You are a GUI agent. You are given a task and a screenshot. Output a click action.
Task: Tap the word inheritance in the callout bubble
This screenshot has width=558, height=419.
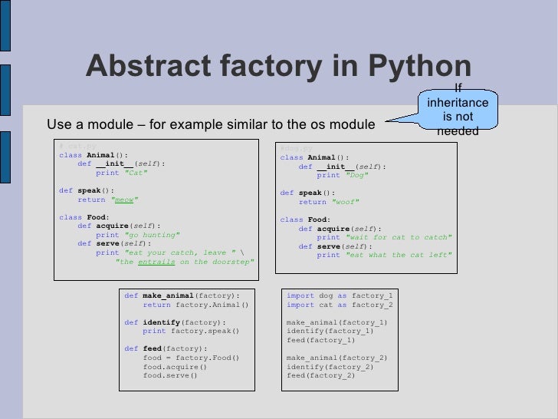click(x=458, y=102)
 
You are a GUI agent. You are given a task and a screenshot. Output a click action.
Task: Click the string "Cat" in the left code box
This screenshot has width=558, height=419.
click(x=135, y=173)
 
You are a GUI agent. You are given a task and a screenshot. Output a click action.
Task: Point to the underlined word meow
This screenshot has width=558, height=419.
click(x=126, y=200)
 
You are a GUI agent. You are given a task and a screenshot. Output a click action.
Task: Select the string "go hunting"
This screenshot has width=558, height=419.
click(x=152, y=235)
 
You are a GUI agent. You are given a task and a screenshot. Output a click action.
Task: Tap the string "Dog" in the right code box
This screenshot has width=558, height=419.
click(x=356, y=175)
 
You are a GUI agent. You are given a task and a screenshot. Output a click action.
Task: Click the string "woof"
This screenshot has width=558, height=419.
click(x=346, y=202)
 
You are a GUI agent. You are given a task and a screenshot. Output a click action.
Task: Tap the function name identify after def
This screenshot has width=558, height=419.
click(x=162, y=322)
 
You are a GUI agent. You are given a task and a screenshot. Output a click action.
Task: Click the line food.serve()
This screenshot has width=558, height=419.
click(x=170, y=375)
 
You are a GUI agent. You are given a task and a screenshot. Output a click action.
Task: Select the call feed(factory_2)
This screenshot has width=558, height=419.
click(x=320, y=375)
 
